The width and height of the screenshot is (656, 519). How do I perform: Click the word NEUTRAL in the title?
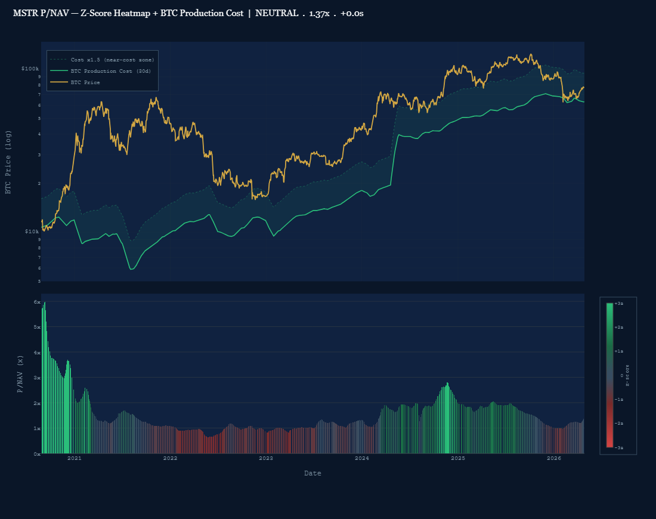[277, 13]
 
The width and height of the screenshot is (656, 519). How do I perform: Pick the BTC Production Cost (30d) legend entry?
[102, 71]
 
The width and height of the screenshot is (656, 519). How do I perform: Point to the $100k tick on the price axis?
[30, 69]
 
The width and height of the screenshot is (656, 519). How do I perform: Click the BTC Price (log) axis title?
[8, 162]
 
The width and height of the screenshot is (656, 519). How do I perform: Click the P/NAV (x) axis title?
[20, 374]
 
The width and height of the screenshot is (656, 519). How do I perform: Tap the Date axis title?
[312, 473]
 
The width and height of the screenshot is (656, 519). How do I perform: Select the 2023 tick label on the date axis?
[266, 458]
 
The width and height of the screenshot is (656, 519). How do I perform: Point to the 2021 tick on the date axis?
[75, 458]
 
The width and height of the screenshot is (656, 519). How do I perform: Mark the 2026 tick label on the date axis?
[554, 458]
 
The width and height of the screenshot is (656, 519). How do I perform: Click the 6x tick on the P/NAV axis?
[36, 302]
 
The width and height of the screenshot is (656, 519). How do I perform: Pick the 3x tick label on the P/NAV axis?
[36, 378]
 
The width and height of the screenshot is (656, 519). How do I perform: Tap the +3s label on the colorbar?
[618, 304]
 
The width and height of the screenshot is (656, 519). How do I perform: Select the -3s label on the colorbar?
[618, 447]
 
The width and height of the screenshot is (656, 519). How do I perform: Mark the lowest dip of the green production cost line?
[131, 269]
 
